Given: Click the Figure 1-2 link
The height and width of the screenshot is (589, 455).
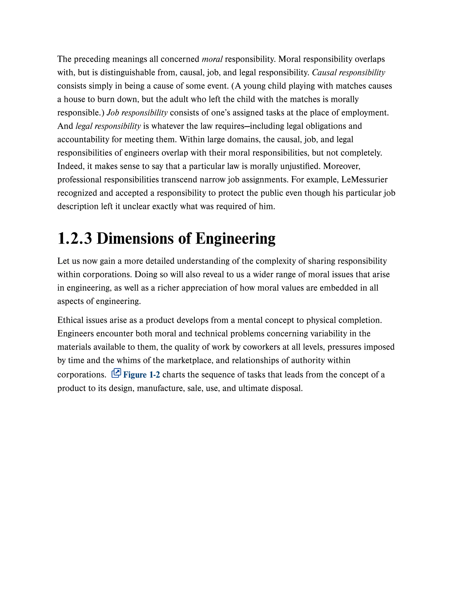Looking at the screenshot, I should [x=141, y=375].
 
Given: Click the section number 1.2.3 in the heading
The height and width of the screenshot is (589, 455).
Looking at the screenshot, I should [x=75, y=239].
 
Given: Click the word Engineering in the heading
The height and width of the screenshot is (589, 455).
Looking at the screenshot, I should [x=235, y=239].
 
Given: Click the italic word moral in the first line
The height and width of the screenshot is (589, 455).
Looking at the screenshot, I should [x=212, y=59].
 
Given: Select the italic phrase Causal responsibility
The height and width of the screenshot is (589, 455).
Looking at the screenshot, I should [x=348, y=72].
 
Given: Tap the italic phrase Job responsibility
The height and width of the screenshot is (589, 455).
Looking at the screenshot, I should [x=137, y=113].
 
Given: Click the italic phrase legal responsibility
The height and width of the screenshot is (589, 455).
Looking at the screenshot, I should [x=108, y=126].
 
